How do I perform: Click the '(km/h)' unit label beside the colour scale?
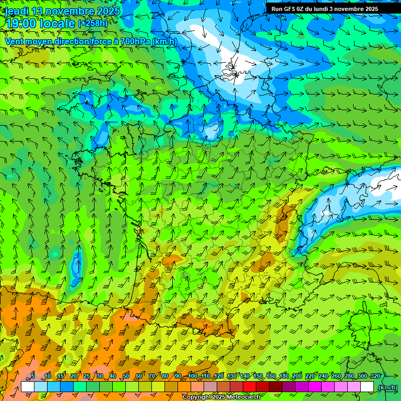tap(387, 387)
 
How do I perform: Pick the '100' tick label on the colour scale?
tap(193, 376)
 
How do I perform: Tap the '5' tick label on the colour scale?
tap(33, 376)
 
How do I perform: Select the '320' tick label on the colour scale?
tap(375, 376)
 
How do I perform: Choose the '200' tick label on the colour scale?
tap(297, 376)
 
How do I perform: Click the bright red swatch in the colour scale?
tap(250, 387)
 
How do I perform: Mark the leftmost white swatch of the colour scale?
tap(28, 387)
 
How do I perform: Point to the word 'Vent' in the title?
tap(15, 41)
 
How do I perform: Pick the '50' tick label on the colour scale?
tap(126, 376)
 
